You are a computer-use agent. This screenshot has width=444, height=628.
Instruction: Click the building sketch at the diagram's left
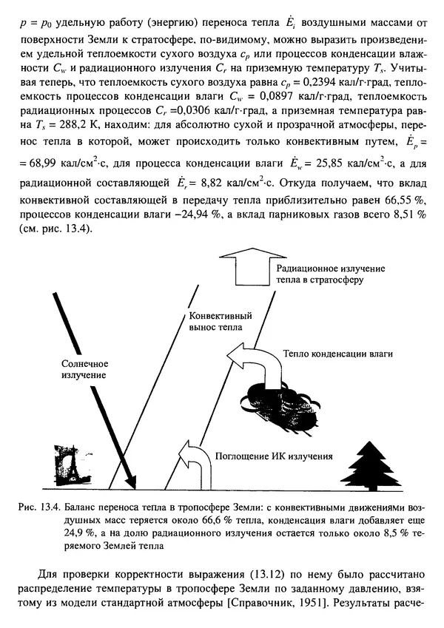[x=73, y=465]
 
